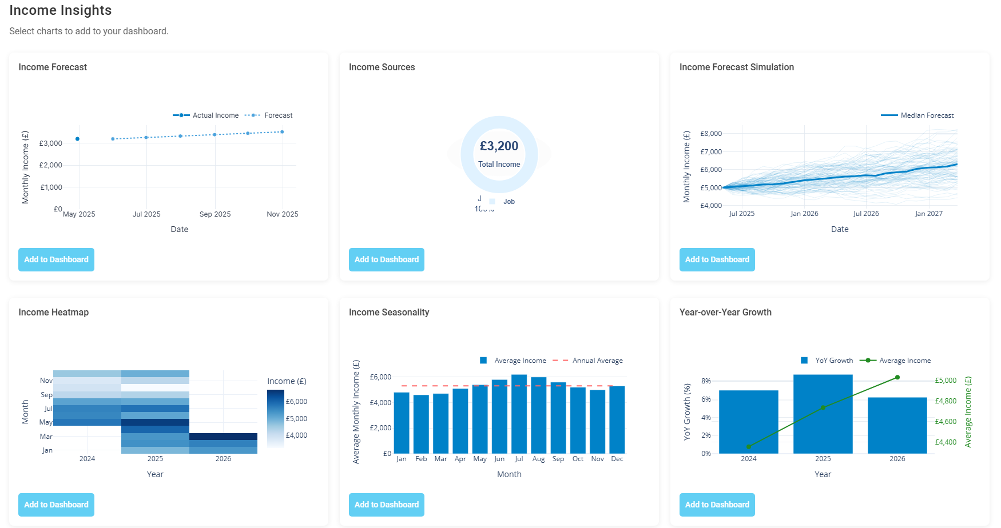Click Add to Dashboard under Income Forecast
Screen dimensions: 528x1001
tap(56, 259)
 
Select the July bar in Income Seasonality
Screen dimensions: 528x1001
tap(519, 414)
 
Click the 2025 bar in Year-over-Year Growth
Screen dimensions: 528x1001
tap(823, 414)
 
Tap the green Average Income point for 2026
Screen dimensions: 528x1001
tap(897, 377)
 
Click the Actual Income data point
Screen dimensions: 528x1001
tap(78, 139)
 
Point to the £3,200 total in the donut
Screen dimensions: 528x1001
tap(499, 146)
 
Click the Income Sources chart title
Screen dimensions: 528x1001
tap(382, 67)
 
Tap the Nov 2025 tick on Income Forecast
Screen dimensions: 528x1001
tap(283, 214)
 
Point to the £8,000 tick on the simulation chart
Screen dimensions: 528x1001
tap(711, 134)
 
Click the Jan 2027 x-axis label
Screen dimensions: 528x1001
tap(928, 214)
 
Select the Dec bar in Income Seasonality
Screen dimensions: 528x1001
tap(617, 420)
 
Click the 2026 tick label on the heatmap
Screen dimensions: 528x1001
tap(223, 459)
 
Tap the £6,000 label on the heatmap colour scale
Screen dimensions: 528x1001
tap(296, 402)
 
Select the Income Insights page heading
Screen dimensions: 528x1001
tap(61, 10)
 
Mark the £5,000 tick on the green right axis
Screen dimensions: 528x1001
tap(946, 381)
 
